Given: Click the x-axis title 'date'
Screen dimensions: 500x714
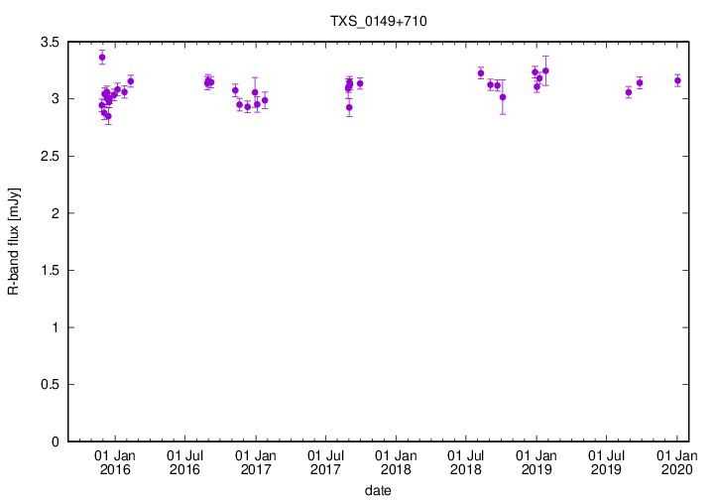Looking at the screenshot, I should point(378,490).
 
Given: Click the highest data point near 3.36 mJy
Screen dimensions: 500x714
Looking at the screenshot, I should point(102,58).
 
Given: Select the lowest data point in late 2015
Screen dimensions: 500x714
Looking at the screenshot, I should point(108,116).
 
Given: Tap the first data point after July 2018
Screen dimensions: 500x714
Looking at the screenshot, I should point(481,73).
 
